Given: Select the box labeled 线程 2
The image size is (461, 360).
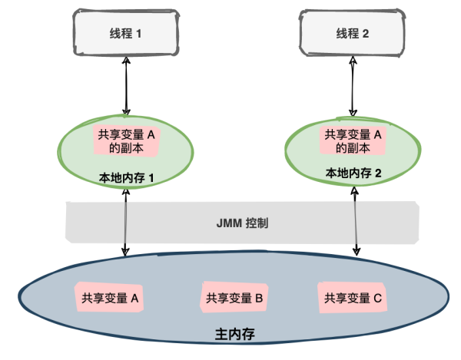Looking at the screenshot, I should [353, 35].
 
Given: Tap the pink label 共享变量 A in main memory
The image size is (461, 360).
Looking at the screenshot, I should [110, 296].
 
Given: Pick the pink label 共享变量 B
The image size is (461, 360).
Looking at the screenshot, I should [235, 297].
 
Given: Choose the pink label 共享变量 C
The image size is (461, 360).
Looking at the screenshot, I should [353, 297].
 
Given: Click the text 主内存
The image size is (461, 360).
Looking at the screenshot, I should [232, 336].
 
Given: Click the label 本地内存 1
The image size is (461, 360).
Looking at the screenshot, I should [128, 177].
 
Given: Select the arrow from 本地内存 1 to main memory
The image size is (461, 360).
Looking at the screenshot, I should [126, 223].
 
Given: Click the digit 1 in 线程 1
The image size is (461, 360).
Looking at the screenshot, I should [140, 35].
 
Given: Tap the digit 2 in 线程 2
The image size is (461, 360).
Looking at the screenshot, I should [366, 35].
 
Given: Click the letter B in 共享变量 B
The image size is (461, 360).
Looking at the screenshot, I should [260, 297].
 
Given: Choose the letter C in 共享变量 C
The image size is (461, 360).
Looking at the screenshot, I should [377, 297].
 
